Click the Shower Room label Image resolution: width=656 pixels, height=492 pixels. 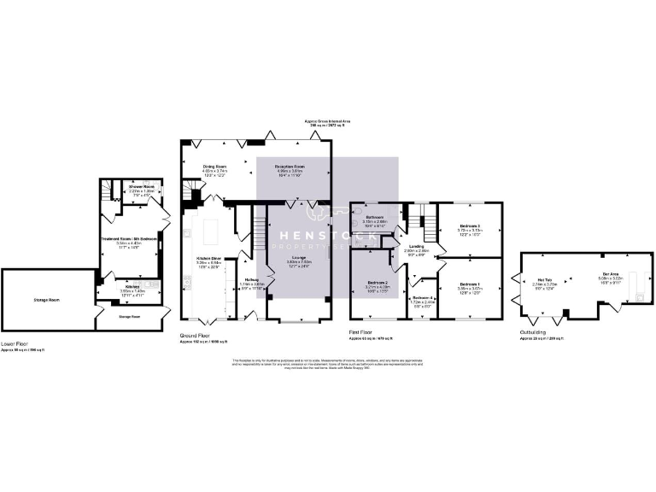tap(141, 185)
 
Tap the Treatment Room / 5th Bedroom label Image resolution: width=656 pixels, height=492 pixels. tap(128, 238)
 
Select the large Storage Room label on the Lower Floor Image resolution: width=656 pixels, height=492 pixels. tap(48, 300)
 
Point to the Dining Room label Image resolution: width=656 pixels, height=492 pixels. tap(214, 166)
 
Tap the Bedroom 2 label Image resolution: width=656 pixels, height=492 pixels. tap(378, 283)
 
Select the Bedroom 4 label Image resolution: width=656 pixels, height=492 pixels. tap(423, 297)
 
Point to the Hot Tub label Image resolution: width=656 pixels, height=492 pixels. tap(545, 279)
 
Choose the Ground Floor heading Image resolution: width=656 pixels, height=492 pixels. tap(195, 336)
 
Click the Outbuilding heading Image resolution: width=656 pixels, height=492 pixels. tap(536, 332)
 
